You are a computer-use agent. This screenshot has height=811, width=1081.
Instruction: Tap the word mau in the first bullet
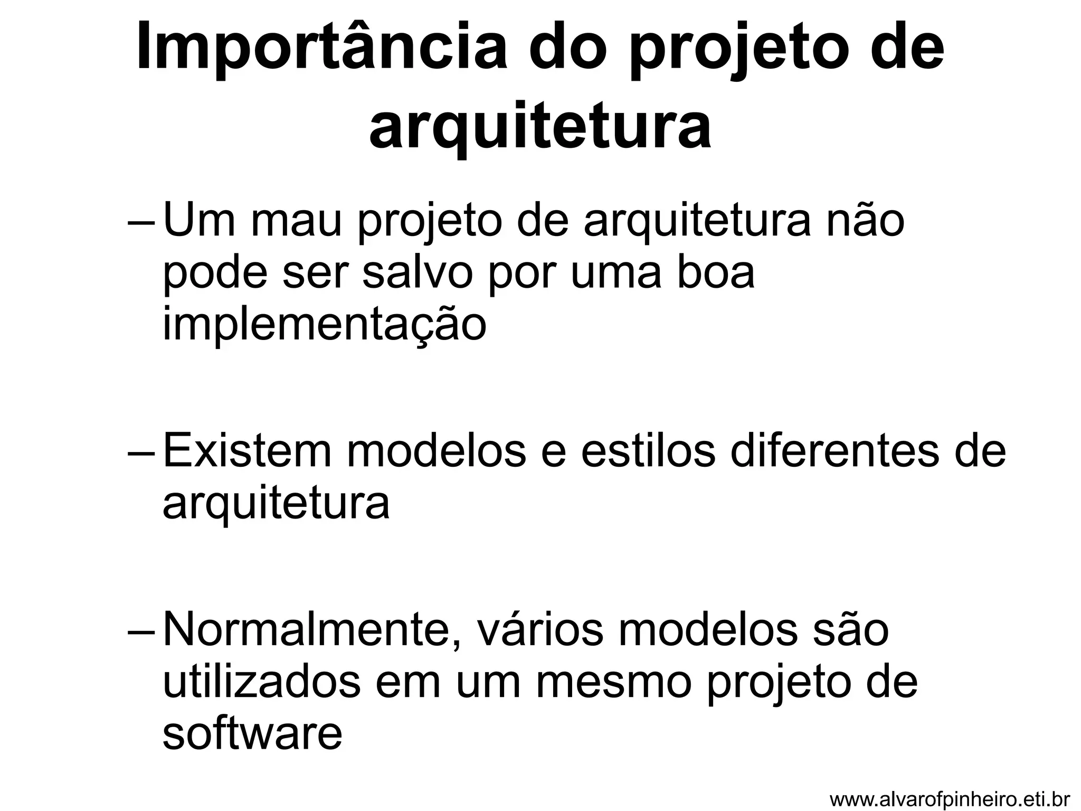[298, 222]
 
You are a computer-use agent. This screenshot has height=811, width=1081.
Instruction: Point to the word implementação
[324, 324]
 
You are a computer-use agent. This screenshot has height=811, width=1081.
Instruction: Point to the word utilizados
[262, 681]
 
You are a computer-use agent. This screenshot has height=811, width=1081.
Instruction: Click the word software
[252, 733]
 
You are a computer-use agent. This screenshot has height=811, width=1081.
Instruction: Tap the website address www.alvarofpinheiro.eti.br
[950, 799]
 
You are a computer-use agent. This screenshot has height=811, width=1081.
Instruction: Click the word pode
[215, 273]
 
